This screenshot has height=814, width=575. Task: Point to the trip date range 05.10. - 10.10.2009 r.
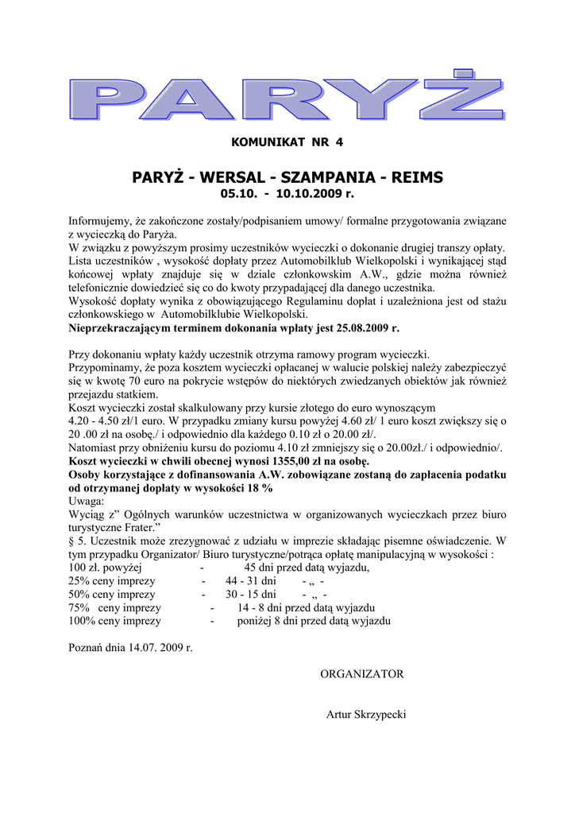coord(287,193)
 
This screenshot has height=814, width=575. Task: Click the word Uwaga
coord(86,501)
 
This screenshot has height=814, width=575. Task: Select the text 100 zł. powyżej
coord(105,568)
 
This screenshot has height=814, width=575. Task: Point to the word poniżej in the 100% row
coord(256,621)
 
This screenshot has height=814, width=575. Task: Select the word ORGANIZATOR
coord(361,674)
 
